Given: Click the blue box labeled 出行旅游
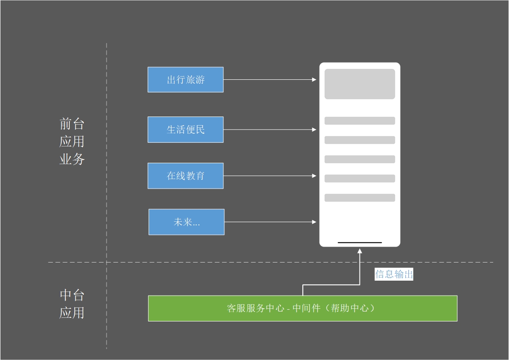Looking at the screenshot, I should (x=185, y=80).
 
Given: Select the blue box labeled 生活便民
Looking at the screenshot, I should (x=185, y=130).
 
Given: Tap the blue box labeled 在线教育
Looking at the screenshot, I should (x=185, y=176).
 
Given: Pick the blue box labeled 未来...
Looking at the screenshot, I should (x=186, y=222).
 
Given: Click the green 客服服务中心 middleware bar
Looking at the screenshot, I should (x=302, y=308).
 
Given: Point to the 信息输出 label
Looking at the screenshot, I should (x=394, y=274).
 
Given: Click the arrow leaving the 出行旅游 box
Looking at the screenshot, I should (x=270, y=80).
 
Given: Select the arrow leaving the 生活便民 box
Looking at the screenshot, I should (x=270, y=130).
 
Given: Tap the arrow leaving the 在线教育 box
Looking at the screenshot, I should (x=270, y=176).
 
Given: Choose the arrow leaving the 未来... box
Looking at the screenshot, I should (x=270, y=222).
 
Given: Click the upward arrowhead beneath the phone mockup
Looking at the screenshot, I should (x=360, y=251).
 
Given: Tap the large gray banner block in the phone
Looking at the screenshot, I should (x=359, y=84).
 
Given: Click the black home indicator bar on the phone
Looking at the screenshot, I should (x=359, y=243).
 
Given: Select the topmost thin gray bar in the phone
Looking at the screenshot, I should (x=359, y=121).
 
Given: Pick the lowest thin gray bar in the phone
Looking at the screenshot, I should (x=359, y=198).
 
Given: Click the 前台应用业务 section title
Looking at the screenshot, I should (x=72, y=141).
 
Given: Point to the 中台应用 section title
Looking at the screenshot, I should (x=72, y=304).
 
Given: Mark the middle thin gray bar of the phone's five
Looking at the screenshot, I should (x=359, y=159).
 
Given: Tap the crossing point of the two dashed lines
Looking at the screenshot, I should (x=107, y=262).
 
